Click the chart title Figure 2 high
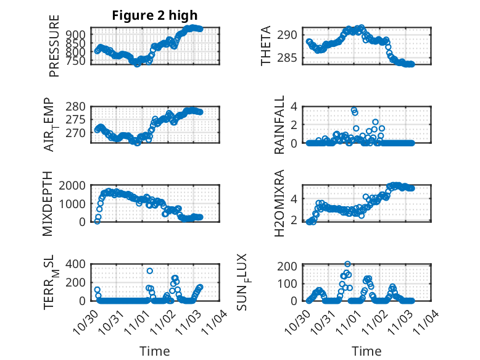click(x=155, y=15)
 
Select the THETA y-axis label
click(x=266, y=46)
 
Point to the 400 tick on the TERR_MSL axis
click(x=77, y=264)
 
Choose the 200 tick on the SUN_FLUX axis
click(x=290, y=266)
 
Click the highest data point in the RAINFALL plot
click(x=354, y=110)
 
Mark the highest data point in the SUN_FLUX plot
click(x=347, y=264)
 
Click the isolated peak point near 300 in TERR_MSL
click(x=150, y=271)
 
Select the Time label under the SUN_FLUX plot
click(x=366, y=351)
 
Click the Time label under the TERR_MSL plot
click(x=154, y=351)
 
